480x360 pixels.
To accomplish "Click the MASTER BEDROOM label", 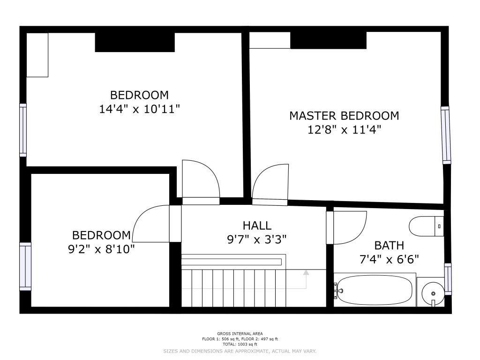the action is coord(344,116).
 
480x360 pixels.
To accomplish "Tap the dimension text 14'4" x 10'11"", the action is coord(139,109).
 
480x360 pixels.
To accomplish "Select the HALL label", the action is coord(257,225).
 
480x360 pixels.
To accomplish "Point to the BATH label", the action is coord(389,246).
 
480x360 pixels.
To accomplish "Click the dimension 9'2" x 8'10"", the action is coord(101,249).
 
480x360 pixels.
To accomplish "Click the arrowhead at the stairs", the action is coord(306,273).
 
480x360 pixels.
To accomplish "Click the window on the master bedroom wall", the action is coord(446,135).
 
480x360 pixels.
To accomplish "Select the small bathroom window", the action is coord(448,279).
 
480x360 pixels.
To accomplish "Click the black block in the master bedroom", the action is coord(328,40).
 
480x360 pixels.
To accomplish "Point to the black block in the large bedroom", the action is coord(135,42).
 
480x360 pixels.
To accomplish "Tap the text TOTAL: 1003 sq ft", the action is coord(240,345).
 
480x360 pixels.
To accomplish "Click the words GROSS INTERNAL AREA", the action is coord(240,334).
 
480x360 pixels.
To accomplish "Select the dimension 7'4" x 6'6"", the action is coord(389,260).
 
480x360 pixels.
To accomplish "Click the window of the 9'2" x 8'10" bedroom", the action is coord(25,266).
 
